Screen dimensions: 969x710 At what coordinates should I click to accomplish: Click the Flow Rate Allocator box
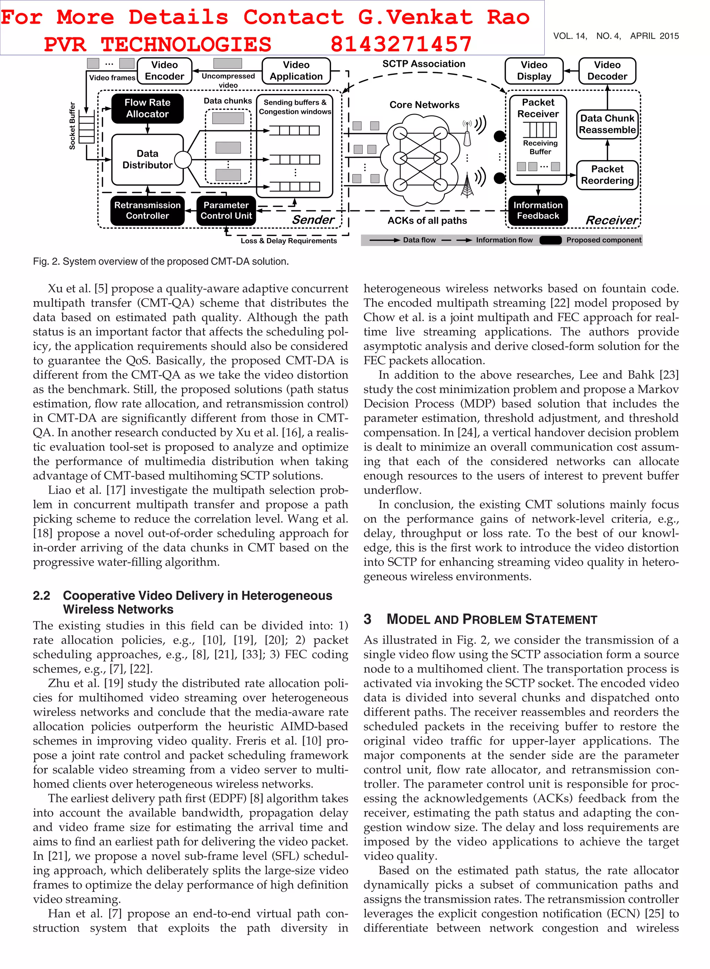(x=147, y=108)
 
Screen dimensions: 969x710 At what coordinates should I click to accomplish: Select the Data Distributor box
(x=147, y=159)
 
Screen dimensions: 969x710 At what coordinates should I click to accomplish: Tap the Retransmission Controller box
(x=147, y=210)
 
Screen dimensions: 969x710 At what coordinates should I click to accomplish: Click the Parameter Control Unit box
(x=226, y=210)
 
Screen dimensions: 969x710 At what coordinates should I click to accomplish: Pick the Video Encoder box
(x=164, y=70)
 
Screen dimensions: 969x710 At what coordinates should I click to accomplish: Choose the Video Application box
(x=296, y=70)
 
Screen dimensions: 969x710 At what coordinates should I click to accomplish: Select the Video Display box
(x=534, y=70)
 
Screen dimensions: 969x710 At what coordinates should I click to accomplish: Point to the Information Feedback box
(x=538, y=210)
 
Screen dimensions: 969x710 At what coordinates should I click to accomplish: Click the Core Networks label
(x=424, y=105)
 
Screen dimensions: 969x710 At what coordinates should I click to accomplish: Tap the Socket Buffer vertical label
(x=72, y=126)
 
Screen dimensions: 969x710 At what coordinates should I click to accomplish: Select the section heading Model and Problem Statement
(x=492, y=619)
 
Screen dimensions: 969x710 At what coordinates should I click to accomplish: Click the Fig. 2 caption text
(x=161, y=261)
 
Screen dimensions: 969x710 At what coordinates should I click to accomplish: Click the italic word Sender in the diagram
(x=313, y=219)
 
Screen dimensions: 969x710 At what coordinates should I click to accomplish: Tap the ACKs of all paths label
(x=427, y=221)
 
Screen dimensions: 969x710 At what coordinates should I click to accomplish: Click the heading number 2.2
(x=41, y=596)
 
